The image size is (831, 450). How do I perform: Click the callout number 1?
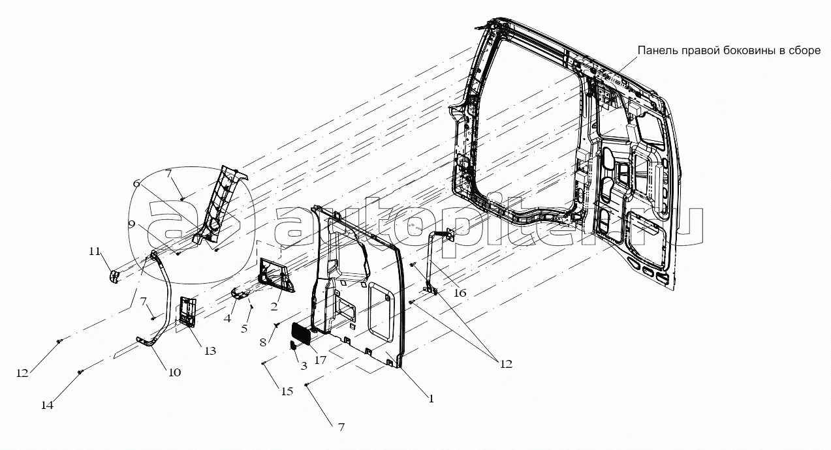pos(431,399)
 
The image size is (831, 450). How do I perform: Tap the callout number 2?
pos(274,307)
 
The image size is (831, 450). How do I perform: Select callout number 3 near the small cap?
pos(304,367)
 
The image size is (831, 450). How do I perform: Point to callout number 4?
pos(227,318)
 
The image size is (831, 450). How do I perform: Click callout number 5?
pos(243,329)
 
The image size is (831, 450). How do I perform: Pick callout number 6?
pos(136,183)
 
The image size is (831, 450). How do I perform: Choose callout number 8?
pos(263,342)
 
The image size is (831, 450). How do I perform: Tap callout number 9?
pos(131,224)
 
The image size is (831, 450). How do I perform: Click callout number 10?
pos(174,372)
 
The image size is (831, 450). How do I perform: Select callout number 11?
pos(95,251)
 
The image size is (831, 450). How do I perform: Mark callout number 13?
pos(210,351)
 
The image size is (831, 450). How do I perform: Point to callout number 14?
pos(47,405)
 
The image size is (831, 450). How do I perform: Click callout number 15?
pos(287,391)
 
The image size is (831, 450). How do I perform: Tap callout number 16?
pos(460,293)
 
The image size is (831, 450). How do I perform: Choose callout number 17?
pos(320,360)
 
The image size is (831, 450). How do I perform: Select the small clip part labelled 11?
pos(115,277)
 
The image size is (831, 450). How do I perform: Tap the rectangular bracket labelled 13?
pos(187,311)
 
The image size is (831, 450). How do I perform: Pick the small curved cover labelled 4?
pos(240,293)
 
